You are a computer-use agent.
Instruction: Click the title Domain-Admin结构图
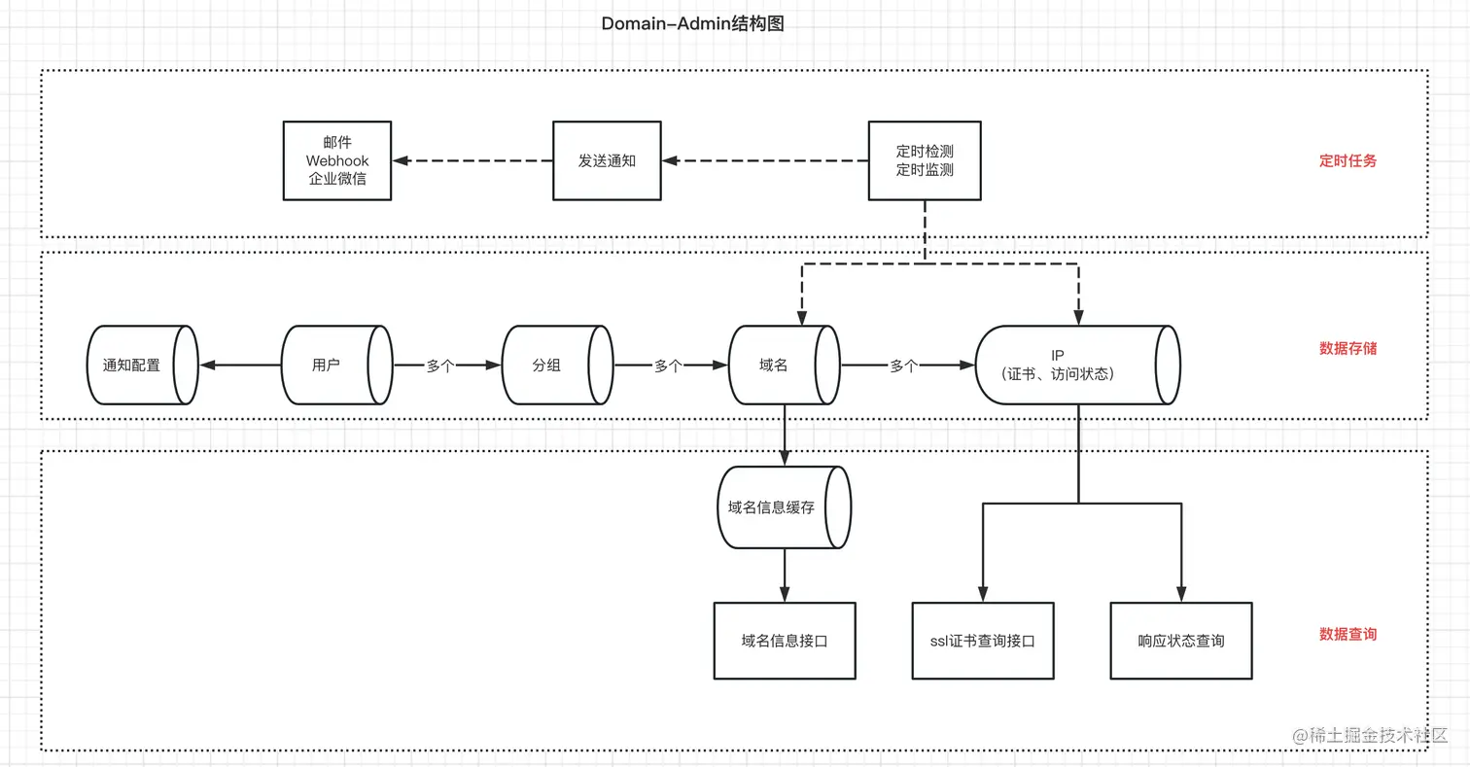[692, 24]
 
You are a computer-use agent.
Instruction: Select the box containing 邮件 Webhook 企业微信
[337, 160]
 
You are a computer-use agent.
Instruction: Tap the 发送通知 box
[607, 160]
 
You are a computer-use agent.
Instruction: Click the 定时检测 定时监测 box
[924, 160]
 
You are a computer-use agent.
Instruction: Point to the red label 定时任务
[1347, 161]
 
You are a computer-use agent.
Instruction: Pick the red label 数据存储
[1347, 348]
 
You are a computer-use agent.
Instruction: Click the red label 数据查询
[1347, 634]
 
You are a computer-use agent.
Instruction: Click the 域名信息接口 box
[785, 641]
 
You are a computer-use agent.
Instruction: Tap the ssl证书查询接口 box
[983, 641]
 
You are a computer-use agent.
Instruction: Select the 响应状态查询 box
[1181, 641]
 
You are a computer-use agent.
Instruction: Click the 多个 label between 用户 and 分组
[440, 366]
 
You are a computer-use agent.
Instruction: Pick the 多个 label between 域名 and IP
[903, 366]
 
